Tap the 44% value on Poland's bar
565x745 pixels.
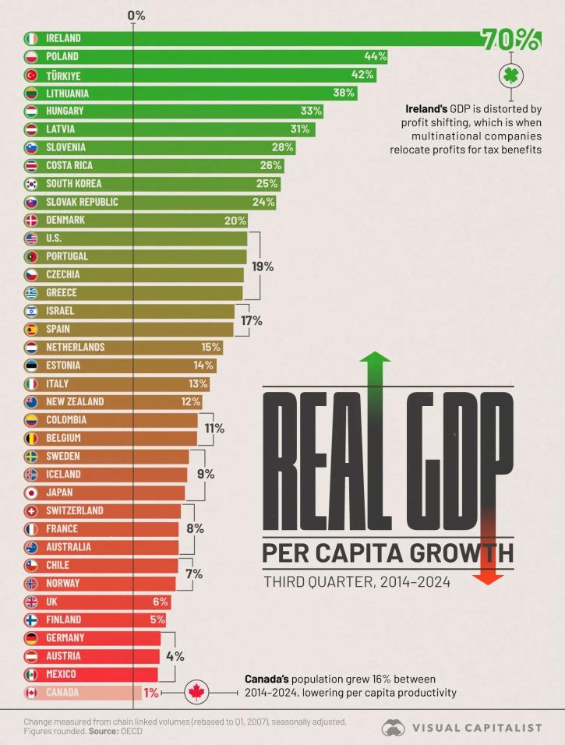coord(375,57)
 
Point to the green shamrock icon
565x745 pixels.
coord(510,76)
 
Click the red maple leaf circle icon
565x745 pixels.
coord(196,692)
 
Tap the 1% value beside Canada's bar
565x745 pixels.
coord(151,693)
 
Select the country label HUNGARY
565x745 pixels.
coord(65,111)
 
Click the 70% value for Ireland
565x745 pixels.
coord(510,40)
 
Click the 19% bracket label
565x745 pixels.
coord(263,266)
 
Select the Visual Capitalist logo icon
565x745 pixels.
coord(394,727)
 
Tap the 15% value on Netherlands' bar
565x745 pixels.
coord(210,348)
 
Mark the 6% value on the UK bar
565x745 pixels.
coord(161,602)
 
